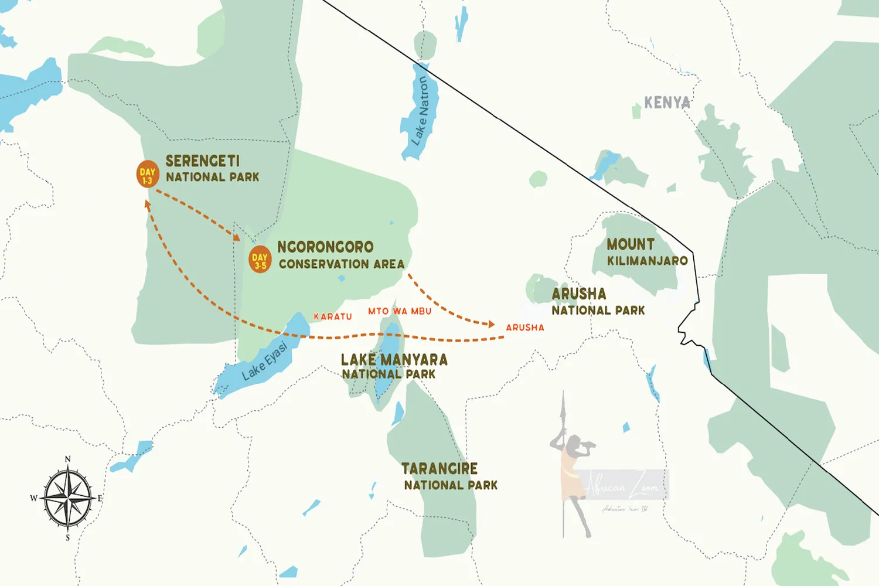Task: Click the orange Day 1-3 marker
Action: click(x=147, y=174)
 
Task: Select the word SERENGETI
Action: click(x=202, y=161)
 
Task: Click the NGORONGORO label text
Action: click(x=325, y=247)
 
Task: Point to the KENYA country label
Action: click(x=667, y=103)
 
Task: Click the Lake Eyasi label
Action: click(x=265, y=361)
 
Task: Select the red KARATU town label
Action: click(x=333, y=316)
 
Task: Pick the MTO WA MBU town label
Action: click(x=400, y=311)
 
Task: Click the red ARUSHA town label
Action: click(x=525, y=328)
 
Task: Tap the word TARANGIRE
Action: click(x=439, y=469)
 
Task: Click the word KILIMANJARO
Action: click(x=647, y=261)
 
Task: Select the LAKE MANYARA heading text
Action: click(x=394, y=359)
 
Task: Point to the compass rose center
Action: click(x=68, y=498)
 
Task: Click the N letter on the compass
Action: click(x=68, y=459)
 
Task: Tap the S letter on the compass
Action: click(x=68, y=537)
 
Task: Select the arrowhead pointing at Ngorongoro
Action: click(x=236, y=237)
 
